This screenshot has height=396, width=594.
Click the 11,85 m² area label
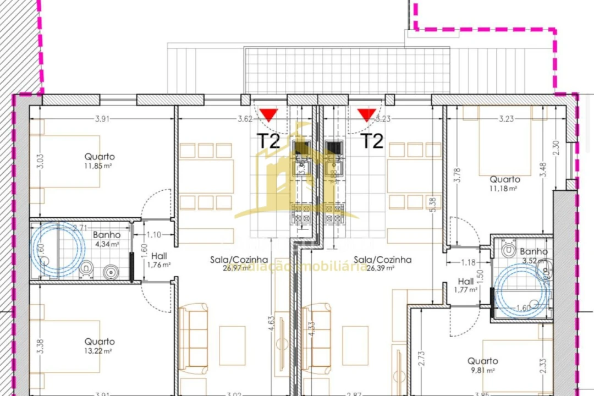(100, 166)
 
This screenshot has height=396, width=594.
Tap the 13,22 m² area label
(100, 351)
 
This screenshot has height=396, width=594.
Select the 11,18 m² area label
(505, 188)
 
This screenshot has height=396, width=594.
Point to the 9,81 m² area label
(482, 370)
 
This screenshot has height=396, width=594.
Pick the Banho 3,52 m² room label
(535, 256)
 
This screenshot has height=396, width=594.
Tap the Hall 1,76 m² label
(159, 260)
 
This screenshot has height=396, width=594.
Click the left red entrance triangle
(269, 115)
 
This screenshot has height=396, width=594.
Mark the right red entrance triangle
(366, 115)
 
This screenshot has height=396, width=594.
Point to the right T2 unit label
(372, 141)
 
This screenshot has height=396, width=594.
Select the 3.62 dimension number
(245, 118)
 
